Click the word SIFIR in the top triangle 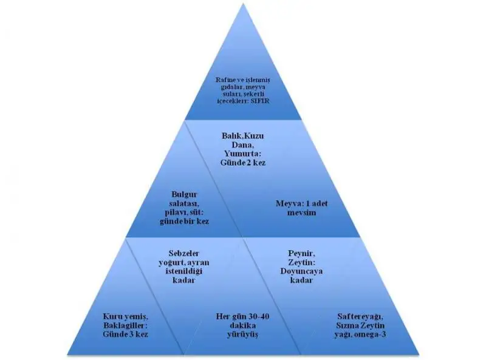[260, 101]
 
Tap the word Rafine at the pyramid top [223, 80]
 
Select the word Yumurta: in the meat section [243, 154]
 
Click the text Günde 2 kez [243, 163]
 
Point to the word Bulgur [184, 194]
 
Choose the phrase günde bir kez [184, 221]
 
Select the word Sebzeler [184, 253]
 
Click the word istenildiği [184, 271]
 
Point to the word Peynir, [301, 254]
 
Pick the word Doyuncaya [301, 271]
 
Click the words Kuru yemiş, [126, 317]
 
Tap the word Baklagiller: [126, 325]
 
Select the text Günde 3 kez [126, 335]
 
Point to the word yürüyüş [243, 335]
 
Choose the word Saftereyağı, [360, 317]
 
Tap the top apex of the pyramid [243, 4]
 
